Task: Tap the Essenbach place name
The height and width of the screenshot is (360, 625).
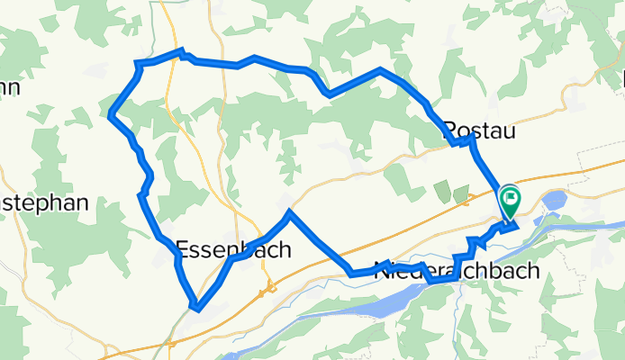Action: (232, 249)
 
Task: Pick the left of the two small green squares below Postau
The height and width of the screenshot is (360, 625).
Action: (442, 190)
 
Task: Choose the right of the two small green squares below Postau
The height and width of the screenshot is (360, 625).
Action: (460, 193)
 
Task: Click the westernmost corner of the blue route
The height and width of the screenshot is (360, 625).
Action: (110, 113)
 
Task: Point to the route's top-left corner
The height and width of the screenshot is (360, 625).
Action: (137, 63)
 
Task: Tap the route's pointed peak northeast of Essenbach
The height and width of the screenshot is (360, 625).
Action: (288, 213)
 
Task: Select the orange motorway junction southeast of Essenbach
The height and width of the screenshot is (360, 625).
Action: (267, 290)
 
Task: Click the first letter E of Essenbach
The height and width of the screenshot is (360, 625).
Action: (181, 249)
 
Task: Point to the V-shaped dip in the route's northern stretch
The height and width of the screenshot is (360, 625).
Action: (329, 94)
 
